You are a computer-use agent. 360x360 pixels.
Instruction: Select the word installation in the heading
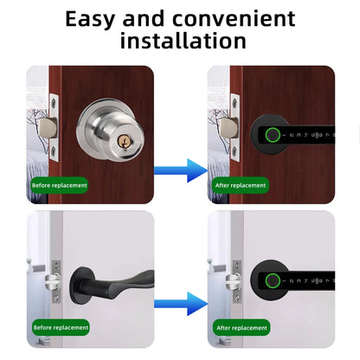[x=183, y=40]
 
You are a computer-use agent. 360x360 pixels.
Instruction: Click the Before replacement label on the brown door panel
[x=59, y=185]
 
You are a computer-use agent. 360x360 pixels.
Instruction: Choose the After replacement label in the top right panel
[x=240, y=185]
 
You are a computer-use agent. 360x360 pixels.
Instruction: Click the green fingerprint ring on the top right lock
[x=272, y=136]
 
